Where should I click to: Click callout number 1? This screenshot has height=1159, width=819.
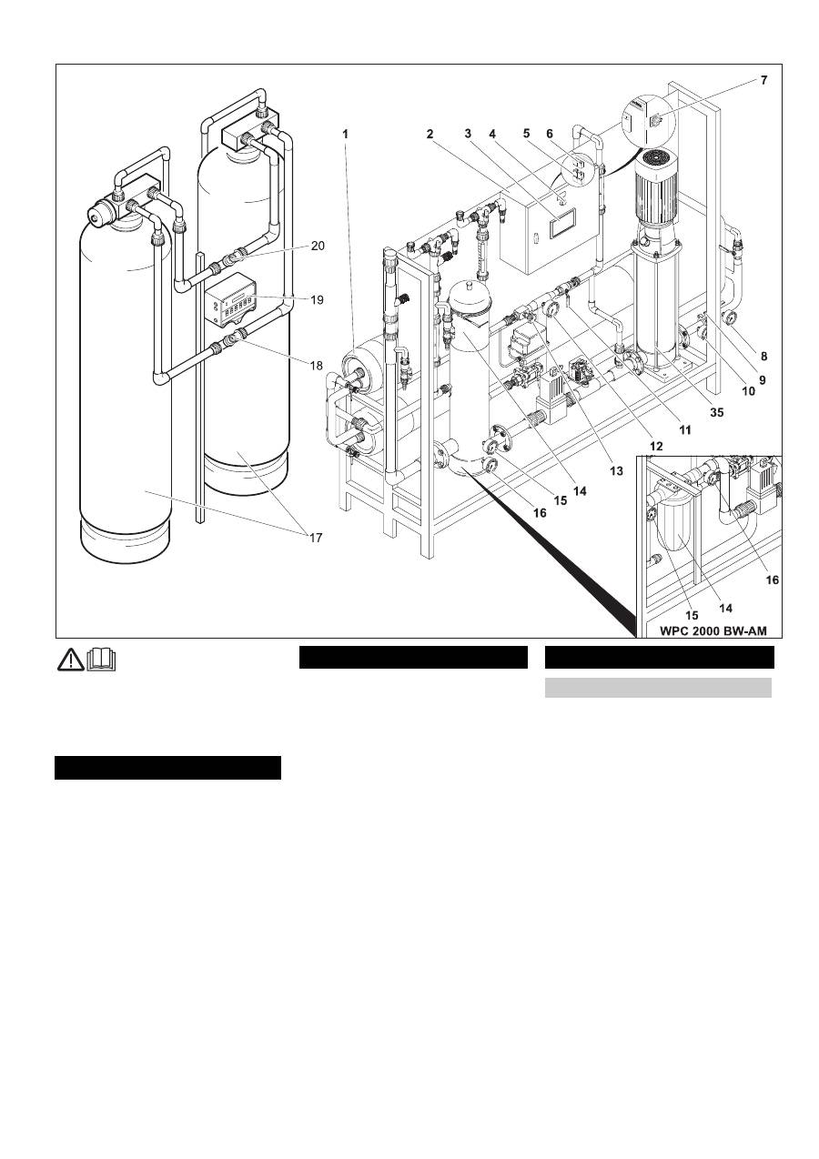[x=346, y=133]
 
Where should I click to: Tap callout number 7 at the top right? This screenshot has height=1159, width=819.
[x=763, y=81]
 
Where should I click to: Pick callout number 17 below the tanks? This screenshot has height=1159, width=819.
[x=316, y=538]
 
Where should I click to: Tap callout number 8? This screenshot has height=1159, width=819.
[x=763, y=357]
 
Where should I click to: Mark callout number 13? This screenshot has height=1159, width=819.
[x=616, y=471]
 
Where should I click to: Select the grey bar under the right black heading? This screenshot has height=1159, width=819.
[x=657, y=687]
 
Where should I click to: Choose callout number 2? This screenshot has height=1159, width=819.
[x=430, y=133]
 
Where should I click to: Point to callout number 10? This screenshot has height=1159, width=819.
[x=748, y=393]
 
